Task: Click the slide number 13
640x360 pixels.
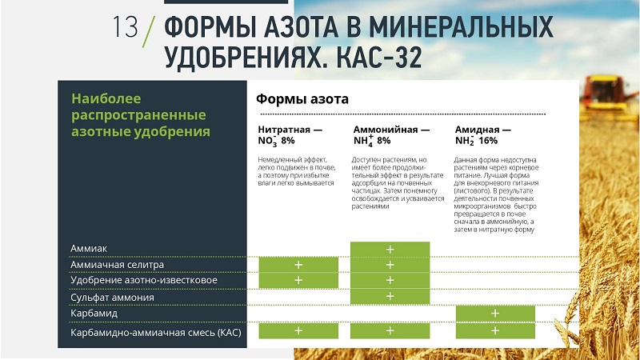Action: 125,27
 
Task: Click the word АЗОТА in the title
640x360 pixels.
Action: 301,28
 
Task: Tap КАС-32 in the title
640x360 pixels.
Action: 378,57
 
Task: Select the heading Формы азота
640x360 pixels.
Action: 302,99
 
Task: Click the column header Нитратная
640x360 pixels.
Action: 284,130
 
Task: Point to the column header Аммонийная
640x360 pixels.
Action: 386,130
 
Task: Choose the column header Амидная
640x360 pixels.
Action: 477,130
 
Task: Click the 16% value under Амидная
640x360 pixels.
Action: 488,141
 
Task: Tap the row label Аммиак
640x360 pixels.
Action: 89,249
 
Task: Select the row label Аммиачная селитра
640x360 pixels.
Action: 117,265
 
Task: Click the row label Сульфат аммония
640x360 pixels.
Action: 112,298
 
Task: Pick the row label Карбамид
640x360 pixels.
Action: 94,314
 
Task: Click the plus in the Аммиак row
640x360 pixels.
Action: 390,250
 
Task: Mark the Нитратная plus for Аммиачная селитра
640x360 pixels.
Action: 298,265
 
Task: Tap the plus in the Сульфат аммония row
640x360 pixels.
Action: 390,296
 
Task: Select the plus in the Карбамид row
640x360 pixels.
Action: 495,313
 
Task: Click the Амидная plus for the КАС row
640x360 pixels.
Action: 495,330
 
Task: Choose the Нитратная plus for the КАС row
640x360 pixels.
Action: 298,330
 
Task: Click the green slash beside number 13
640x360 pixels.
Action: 149,31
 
